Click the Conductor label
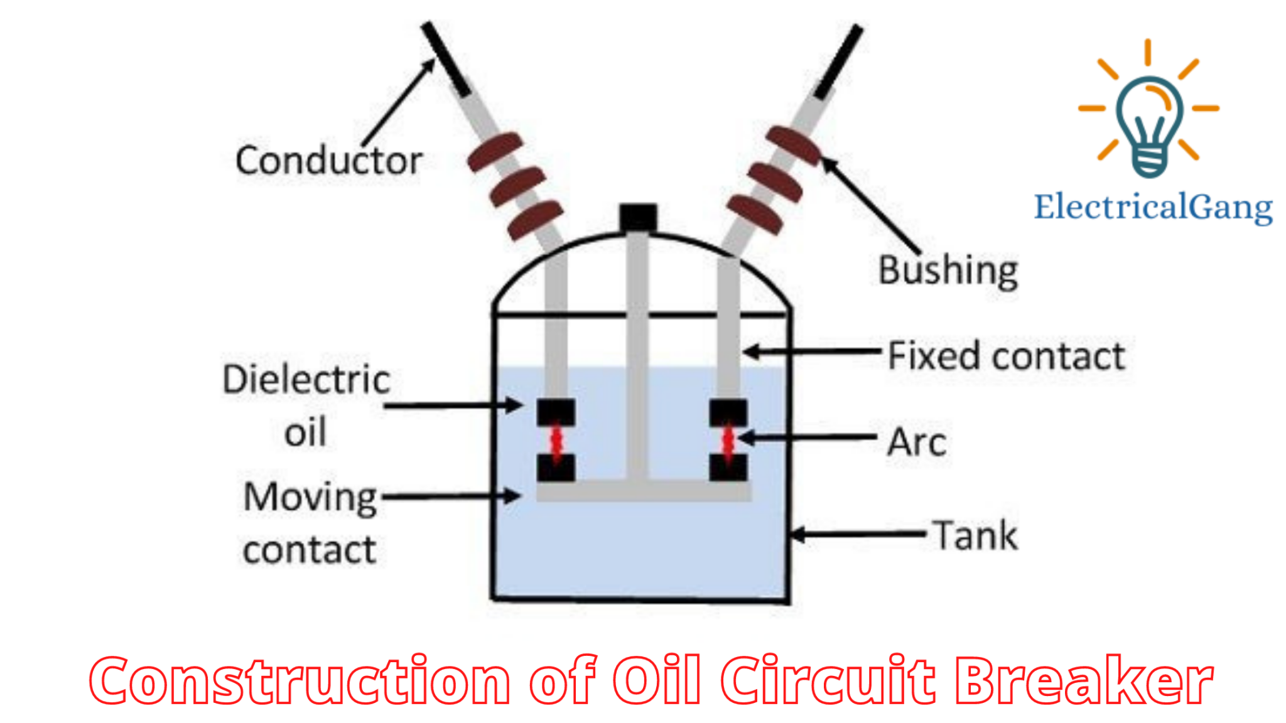(x=328, y=161)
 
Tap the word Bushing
(x=948, y=271)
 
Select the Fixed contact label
(x=1006, y=356)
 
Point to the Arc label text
(x=917, y=442)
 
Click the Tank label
(x=975, y=536)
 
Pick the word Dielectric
(x=306, y=380)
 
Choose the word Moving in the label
(x=310, y=498)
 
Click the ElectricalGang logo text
(x=1153, y=207)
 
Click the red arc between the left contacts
(x=556, y=441)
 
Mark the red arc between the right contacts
(x=728, y=441)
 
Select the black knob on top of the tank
(x=638, y=218)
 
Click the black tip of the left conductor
(x=445, y=59)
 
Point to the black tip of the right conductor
(x=839, y=62)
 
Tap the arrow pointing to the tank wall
(x=858, y=535)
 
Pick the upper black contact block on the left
(x=556, y=412)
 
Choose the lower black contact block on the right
(x=728, y=468)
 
